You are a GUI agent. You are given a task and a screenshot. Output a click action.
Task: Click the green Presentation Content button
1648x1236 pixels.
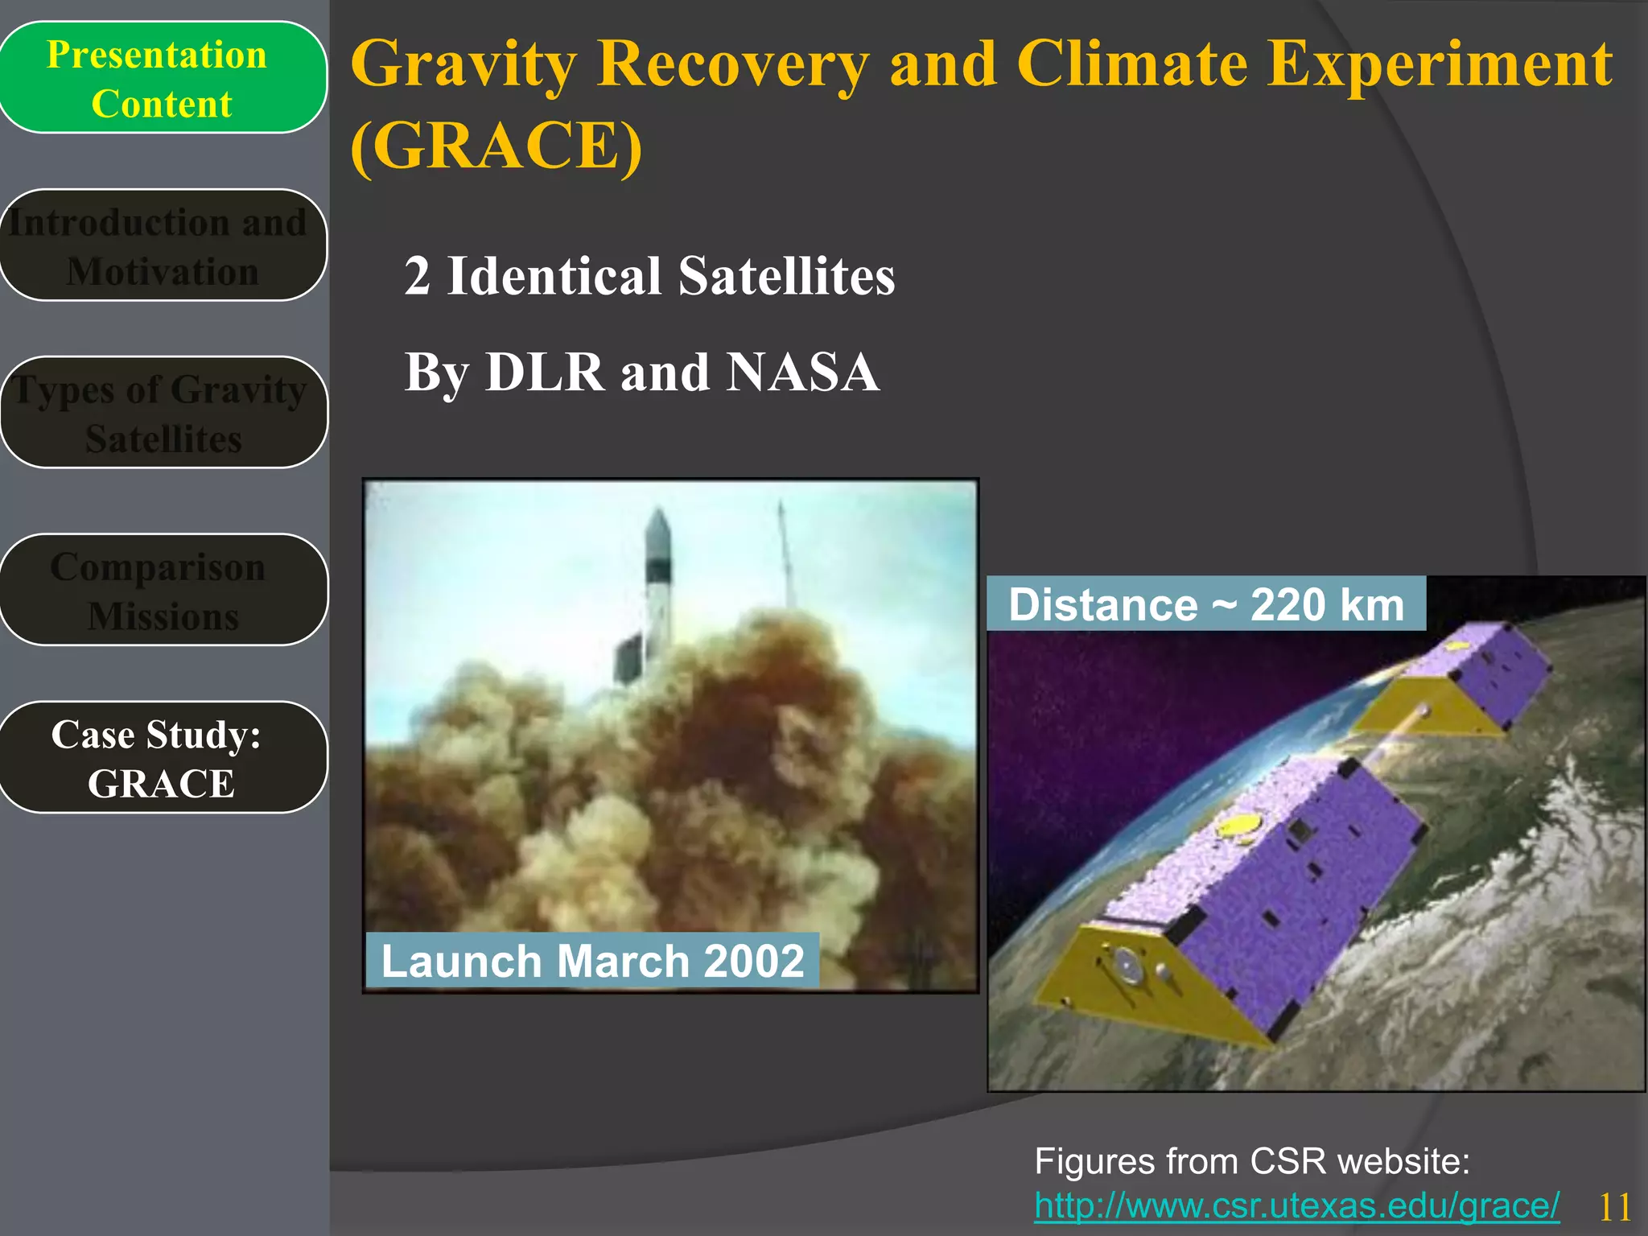162,78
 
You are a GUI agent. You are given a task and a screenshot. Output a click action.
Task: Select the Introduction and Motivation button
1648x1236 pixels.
162,246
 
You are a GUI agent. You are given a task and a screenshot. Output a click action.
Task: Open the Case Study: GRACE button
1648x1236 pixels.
162,758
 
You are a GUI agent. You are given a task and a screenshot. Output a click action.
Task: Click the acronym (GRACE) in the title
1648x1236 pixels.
496,146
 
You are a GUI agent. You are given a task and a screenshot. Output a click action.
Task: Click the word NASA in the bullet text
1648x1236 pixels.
802,373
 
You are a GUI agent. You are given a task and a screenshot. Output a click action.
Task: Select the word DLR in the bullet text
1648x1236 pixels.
545,373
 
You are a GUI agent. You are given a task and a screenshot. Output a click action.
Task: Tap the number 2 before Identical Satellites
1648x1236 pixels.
417,276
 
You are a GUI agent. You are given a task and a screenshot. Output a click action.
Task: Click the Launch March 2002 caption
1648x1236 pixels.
592,961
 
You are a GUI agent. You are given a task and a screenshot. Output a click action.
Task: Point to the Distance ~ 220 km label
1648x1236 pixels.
1205,604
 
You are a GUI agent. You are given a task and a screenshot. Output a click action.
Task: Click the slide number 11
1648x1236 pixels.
1614,1207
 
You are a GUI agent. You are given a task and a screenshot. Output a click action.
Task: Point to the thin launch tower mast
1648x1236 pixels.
785,555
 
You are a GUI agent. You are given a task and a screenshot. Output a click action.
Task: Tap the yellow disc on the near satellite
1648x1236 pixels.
1238,826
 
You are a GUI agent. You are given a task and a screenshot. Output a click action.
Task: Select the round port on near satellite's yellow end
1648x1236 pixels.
1126,965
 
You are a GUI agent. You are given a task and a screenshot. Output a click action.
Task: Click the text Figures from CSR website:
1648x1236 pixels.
1251,1162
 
